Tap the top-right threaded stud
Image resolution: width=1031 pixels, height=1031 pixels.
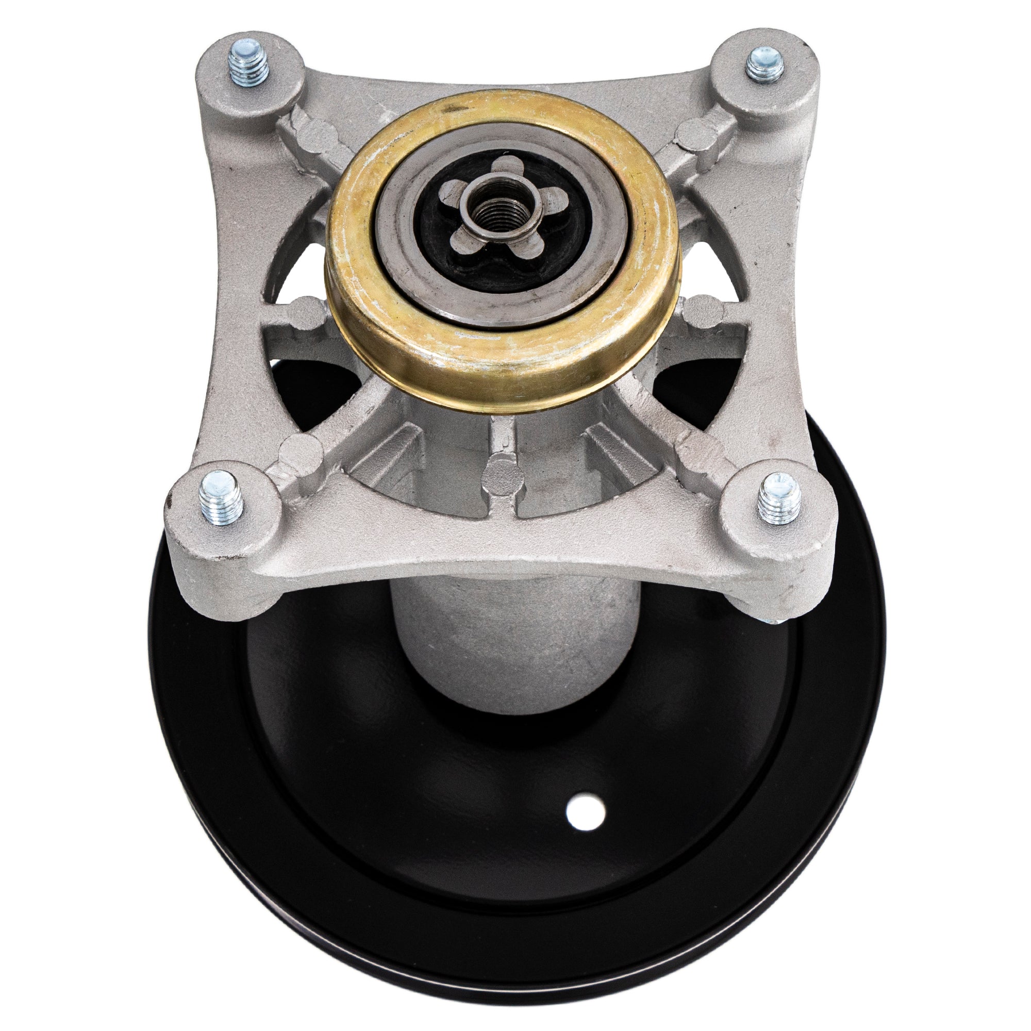pos(764,62)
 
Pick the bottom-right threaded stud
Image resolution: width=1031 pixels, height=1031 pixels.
pos(779,498)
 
